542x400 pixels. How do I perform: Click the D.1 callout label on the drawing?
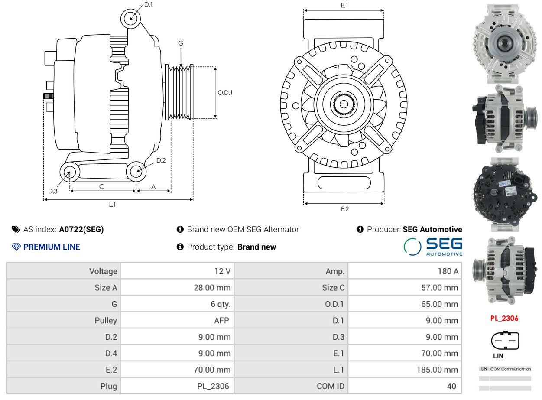tap(148, 4)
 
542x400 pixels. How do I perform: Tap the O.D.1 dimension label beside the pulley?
tap(225, 93)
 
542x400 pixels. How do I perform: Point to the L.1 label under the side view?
tap(112, 205)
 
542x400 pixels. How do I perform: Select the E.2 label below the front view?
tap(344, 209)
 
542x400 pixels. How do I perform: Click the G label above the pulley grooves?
tap(181, 43)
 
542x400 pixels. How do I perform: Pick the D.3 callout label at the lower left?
tap(53, 191)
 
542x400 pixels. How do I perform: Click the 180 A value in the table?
tap(448, 271)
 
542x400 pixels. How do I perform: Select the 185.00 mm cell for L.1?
tap(437, 370)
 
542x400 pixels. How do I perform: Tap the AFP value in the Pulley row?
tap(222, 320)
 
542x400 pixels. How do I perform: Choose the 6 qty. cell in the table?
tap(221, 304)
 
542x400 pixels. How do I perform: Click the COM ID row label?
tap(331, 386)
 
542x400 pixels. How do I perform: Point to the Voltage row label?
tap(103, 271)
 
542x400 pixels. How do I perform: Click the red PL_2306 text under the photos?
tap(504, 318)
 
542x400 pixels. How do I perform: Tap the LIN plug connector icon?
tap(505, 340)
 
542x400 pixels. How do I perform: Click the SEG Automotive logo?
tap(433, 247)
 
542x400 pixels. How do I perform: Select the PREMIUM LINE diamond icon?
tap(16, 247)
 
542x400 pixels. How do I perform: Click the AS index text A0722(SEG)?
tap(81, 229)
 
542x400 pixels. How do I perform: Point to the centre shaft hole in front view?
tap(344, 104)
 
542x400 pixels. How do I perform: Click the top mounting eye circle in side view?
tap(130, 19)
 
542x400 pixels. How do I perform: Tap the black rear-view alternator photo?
tap(505, 195)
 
